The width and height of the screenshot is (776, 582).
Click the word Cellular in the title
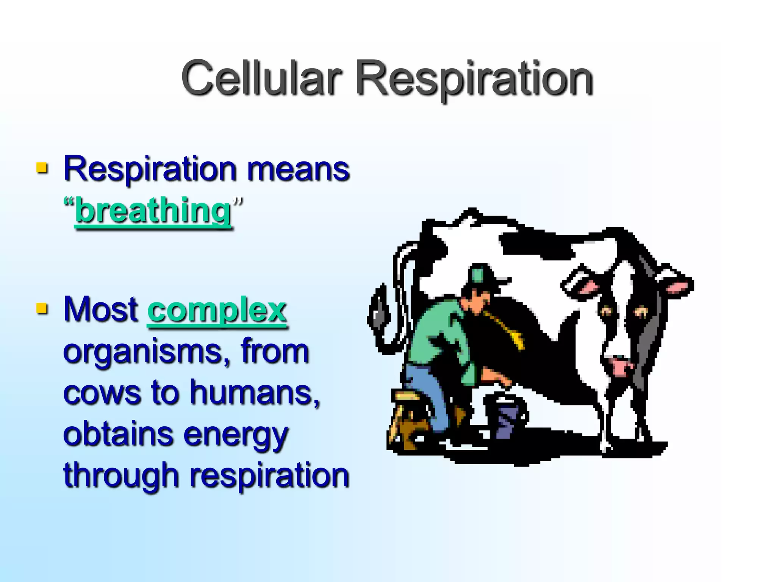[x=261, y=78]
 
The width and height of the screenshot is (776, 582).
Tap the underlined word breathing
[x=153, y=211]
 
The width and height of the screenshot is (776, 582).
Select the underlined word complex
[x=217, y=310]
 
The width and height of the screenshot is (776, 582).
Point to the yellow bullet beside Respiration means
[x=42, y=167]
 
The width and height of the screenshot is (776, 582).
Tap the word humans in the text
[x=254, y=393]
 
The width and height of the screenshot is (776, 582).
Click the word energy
[x=236, y=435]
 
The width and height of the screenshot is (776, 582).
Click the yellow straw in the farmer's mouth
[x=508, y=330]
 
